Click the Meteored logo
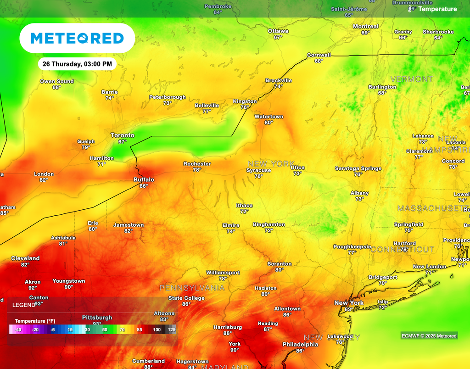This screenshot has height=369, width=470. pos(77,38)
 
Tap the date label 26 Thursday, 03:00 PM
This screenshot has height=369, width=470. pos(77,64)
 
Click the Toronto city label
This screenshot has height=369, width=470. pos(123,135)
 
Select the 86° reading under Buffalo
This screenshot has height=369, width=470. pos(144,186)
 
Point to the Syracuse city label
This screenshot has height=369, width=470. pos(258,170)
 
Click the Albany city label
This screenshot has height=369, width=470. pos(359,193)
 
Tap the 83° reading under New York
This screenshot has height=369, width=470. pos(348,309)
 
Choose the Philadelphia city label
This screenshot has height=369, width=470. pos(300,344)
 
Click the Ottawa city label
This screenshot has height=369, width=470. pos(278,31)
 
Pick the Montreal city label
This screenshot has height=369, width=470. pos(365,27)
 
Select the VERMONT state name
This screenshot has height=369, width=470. pos(411,79)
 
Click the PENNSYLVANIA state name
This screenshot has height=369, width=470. pos(192,288)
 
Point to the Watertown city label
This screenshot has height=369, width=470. pos(269,117)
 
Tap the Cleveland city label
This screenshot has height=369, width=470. pos(25,258)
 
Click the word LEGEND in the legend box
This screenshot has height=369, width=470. pos(23,305)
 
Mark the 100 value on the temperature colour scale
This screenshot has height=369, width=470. pos(157,330)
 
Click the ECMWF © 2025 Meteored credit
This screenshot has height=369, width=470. pos(429,336)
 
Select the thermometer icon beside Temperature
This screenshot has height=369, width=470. pos(410,9)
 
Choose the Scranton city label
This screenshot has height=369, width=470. pos(280,264)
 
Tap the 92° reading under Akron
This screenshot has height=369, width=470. pos(33,288)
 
